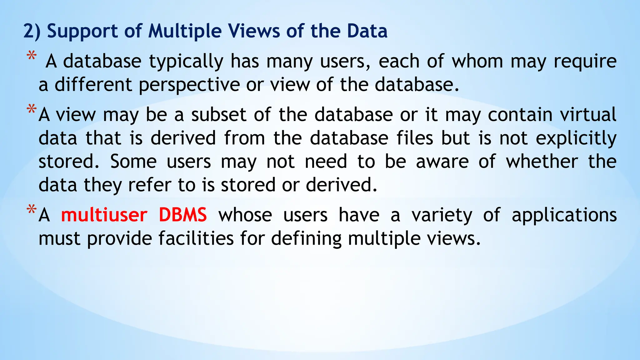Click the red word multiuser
104,215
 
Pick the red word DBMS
182,215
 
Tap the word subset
219,115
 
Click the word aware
442,162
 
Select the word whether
542,162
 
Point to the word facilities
196,238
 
